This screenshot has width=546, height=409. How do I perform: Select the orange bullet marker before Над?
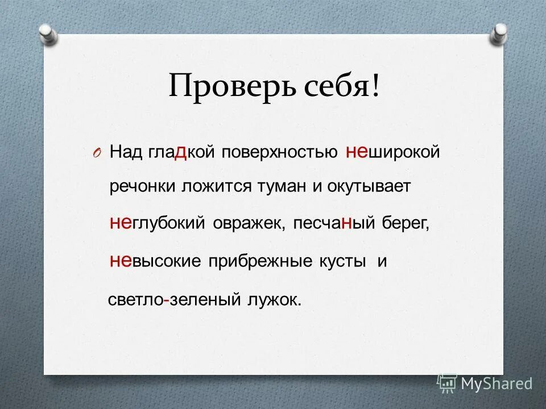tap(97, 153)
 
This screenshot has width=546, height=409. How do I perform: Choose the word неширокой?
tap(393, 153)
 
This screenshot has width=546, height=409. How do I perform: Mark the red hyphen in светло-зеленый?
tap(165, 299)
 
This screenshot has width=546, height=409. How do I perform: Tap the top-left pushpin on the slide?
tap(48, 32)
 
